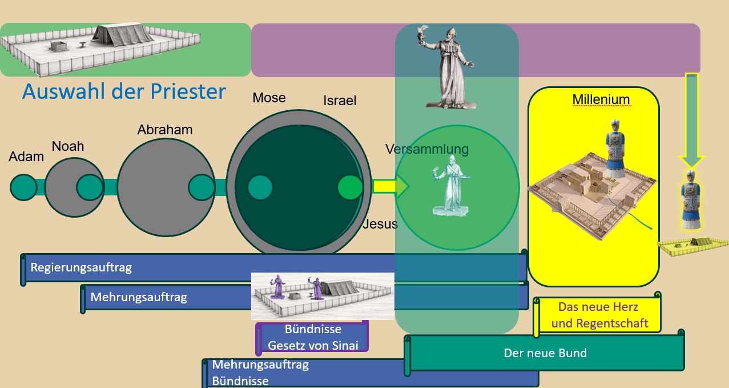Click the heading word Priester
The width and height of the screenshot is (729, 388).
tap(188, 91)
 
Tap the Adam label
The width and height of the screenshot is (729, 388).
tap(26, 157)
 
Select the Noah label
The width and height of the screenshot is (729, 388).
tap(68, 146)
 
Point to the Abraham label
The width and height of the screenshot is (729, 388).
tap(165, 130)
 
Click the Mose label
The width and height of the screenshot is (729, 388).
tap(269, 98)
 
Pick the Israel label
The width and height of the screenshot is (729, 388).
tap(340, 101)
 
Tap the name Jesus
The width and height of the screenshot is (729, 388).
tap(380, 224)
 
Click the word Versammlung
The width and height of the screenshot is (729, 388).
tap(427, 149)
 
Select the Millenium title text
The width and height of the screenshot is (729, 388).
tap(601, 99)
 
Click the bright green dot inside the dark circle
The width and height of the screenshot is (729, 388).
tap(350, 187)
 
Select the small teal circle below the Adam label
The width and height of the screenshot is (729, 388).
tap(24, 187)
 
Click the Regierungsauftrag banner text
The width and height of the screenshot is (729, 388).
tap(81, 267)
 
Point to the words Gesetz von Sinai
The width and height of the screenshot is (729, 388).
tap(313, 345)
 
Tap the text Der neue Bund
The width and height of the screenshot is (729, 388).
tap(545, 353)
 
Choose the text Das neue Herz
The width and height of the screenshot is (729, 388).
tap(598, 307)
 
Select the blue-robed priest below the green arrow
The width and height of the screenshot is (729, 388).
tap(691, 199)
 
